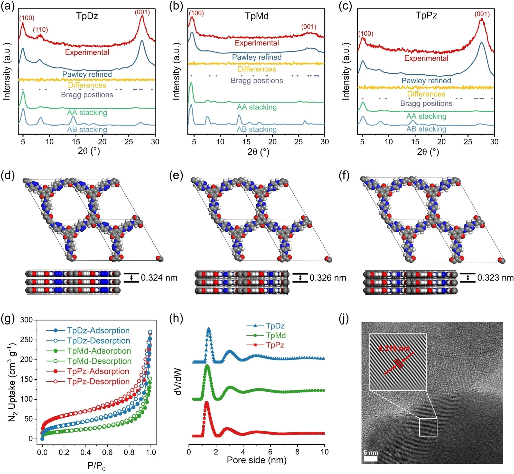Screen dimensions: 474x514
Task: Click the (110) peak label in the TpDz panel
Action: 40,30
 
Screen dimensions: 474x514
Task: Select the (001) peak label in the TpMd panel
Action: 309,27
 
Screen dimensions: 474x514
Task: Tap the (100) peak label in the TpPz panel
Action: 366,33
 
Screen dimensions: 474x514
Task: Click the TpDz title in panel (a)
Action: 87,16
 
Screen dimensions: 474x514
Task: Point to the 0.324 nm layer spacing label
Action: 159,278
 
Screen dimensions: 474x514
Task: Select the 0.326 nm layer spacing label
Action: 328,278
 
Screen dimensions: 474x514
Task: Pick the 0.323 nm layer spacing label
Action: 495,278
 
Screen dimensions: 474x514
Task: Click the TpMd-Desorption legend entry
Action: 99,361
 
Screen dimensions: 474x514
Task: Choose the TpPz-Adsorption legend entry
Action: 98,371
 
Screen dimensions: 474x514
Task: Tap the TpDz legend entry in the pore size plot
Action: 275,326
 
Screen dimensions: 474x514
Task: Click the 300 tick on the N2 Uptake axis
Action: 27,320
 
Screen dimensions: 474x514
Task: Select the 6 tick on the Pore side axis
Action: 270,452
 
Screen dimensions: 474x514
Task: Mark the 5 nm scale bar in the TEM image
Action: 370,459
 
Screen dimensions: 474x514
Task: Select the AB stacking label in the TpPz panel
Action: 426,129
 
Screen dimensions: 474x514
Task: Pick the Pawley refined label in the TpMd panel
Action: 257,57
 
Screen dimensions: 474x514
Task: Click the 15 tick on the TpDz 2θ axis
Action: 76,142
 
